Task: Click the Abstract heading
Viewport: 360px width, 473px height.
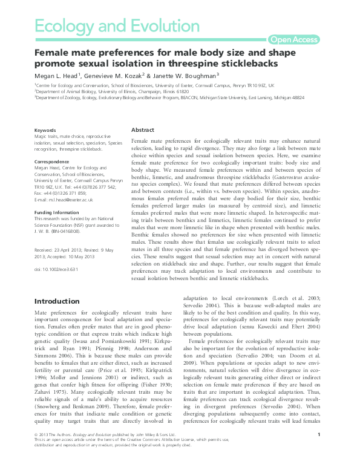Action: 143,130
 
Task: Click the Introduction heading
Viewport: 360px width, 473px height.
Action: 56,301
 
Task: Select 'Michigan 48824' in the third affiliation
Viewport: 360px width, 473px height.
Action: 289,97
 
